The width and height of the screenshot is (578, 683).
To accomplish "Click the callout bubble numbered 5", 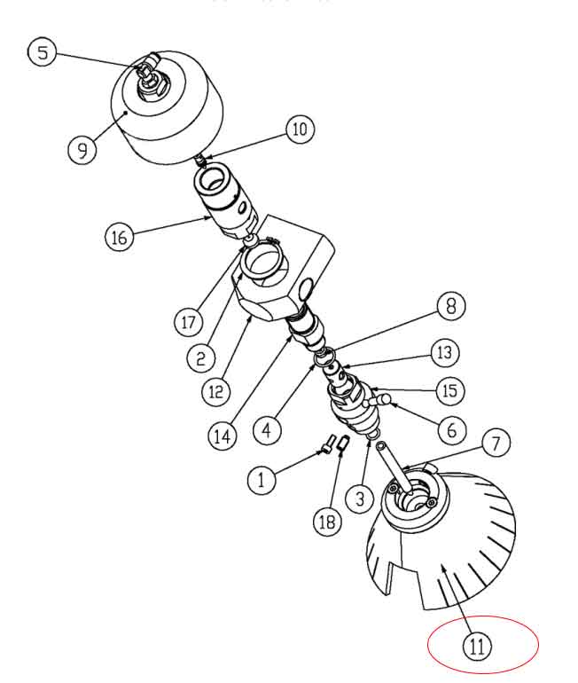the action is coord(43,52).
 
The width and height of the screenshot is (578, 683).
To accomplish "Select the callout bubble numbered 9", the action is coord(82,150).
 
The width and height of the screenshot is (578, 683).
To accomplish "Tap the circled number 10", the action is coord(300,129).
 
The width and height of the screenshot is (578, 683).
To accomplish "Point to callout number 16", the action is coord(120,238).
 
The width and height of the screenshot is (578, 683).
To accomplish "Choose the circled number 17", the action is coord(188,322).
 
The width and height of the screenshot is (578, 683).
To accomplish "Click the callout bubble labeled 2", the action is coord(200,358).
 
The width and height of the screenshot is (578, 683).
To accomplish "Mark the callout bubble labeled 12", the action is coord(216,391).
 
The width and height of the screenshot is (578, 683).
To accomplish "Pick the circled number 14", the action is coord(223,436).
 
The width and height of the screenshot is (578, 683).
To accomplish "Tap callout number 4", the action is coord(267,430).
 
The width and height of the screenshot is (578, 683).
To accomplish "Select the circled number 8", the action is coord(451,306).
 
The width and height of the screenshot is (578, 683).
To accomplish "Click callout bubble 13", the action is coord(445,352).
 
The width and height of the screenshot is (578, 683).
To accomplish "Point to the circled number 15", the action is coord(450,390).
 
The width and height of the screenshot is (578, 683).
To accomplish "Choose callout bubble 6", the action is coord(452,430).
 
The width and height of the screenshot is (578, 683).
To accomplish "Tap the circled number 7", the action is coord(496,443).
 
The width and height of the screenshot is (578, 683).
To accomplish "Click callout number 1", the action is coord(262,480).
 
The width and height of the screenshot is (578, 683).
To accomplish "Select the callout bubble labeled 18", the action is coord(328,521).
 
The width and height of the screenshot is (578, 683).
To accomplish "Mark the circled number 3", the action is coord(360,499).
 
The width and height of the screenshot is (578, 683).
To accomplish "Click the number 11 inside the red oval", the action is coord(477,647).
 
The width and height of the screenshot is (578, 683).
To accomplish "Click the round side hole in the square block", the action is coord(306,290).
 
